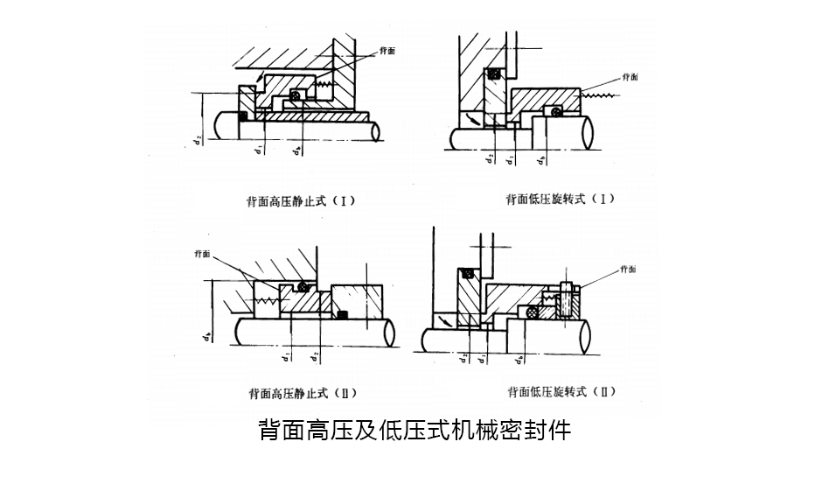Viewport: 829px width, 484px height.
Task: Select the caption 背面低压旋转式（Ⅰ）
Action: point(560,199)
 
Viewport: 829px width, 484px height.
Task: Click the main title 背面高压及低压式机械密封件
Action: point(414,430)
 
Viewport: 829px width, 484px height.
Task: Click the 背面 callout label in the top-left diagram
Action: point(387,51)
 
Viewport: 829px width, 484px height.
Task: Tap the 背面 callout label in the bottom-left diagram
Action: point(202,254)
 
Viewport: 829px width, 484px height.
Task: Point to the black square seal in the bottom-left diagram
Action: point(344,314)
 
